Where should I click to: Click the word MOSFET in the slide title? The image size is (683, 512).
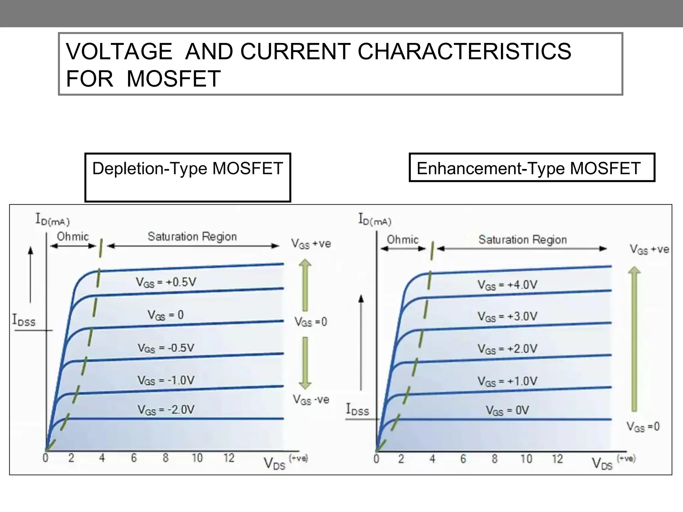point(173,79)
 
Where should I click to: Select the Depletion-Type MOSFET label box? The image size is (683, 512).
point(187,177)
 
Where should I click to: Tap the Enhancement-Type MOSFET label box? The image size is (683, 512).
point(532,168)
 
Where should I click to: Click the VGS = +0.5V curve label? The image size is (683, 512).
point(166,282)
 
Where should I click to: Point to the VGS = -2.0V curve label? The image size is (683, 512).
point(166,410)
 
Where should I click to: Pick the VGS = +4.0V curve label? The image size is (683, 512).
point(507,285)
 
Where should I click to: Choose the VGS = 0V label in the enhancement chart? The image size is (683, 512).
point(507,410)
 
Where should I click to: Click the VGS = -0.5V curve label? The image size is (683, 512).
point(166,348)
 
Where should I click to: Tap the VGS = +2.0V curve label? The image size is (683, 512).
point(507,349)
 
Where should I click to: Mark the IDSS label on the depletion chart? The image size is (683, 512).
point(24,320)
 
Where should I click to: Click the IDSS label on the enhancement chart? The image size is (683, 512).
point(358,409)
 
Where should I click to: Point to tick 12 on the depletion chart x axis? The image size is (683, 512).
point(229,458)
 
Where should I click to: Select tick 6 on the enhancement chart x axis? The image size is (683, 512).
point(463,459)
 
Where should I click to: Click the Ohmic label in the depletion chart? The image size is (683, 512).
point(73,237)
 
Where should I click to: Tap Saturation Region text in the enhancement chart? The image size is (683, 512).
point(523,240)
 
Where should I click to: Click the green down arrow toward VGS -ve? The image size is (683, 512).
point(305,363)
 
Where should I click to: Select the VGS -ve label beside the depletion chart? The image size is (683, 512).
point(311,400)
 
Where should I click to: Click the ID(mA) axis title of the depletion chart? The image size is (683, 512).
point(52,220)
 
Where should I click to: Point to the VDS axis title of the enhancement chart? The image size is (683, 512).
point(602,464)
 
